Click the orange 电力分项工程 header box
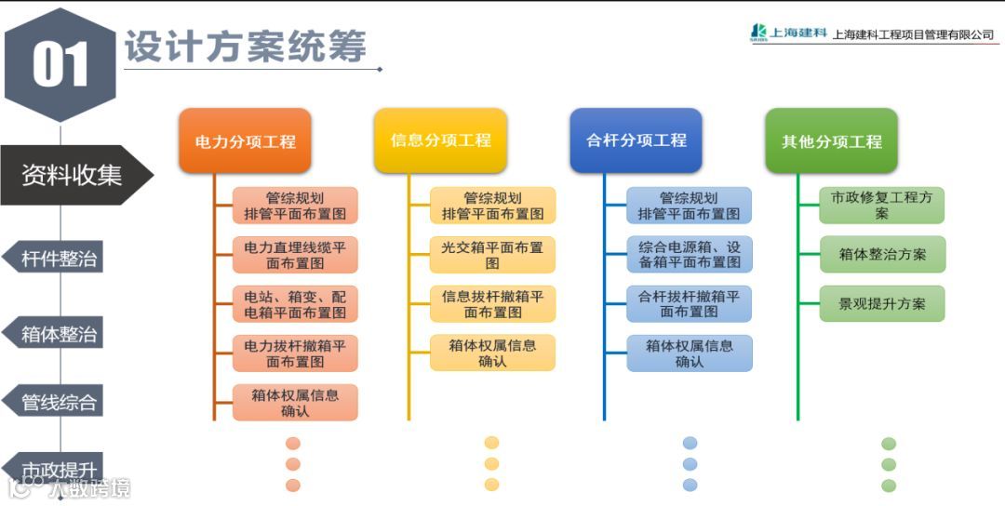pos(245,141)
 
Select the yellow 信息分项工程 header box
pos(440,140)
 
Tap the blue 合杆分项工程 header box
pos(636,140)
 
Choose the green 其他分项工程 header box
pos(831,141)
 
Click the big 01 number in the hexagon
pos(60,65)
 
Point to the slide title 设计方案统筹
pos(246,47)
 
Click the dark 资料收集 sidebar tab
pos(73,175)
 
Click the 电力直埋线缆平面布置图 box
pos(295,255)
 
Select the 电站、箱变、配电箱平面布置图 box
pos(295,304)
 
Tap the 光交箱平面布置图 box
pos(492,255)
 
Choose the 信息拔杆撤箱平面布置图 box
pos(492,304)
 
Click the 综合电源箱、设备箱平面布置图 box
pos(689,255)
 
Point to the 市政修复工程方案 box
pos(881,206)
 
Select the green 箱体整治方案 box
pos(882,254)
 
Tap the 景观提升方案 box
pos(882,304)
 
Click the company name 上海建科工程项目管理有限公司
pos(913,35)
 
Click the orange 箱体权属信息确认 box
pos(295,403)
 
